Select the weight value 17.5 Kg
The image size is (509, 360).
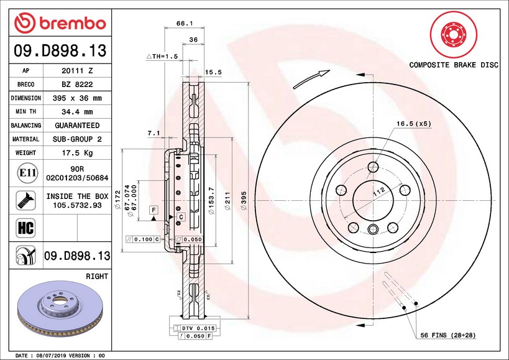(x=77, y=152)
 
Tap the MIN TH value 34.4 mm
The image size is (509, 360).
(x=77, y=112)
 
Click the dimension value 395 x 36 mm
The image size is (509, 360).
(x=77, y=98)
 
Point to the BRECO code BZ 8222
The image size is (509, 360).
(x=77, y=85)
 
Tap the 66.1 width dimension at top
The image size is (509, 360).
(x=182, y=23)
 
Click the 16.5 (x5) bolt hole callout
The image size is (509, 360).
(x=413, y=124)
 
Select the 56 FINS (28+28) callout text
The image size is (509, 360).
(x=447, y=335)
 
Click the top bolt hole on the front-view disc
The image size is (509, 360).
(x=373, y=167)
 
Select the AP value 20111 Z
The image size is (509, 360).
(x=77, y=71)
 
